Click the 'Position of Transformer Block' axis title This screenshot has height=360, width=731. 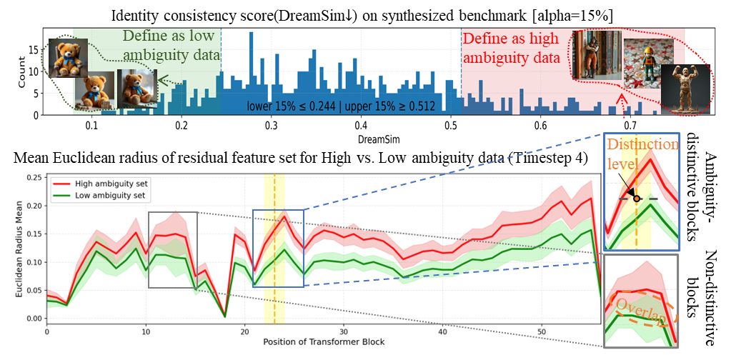[x=324, y=341]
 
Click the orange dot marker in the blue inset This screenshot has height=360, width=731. [x=636, y=198]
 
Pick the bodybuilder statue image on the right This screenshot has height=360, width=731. [x=685, y=88]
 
